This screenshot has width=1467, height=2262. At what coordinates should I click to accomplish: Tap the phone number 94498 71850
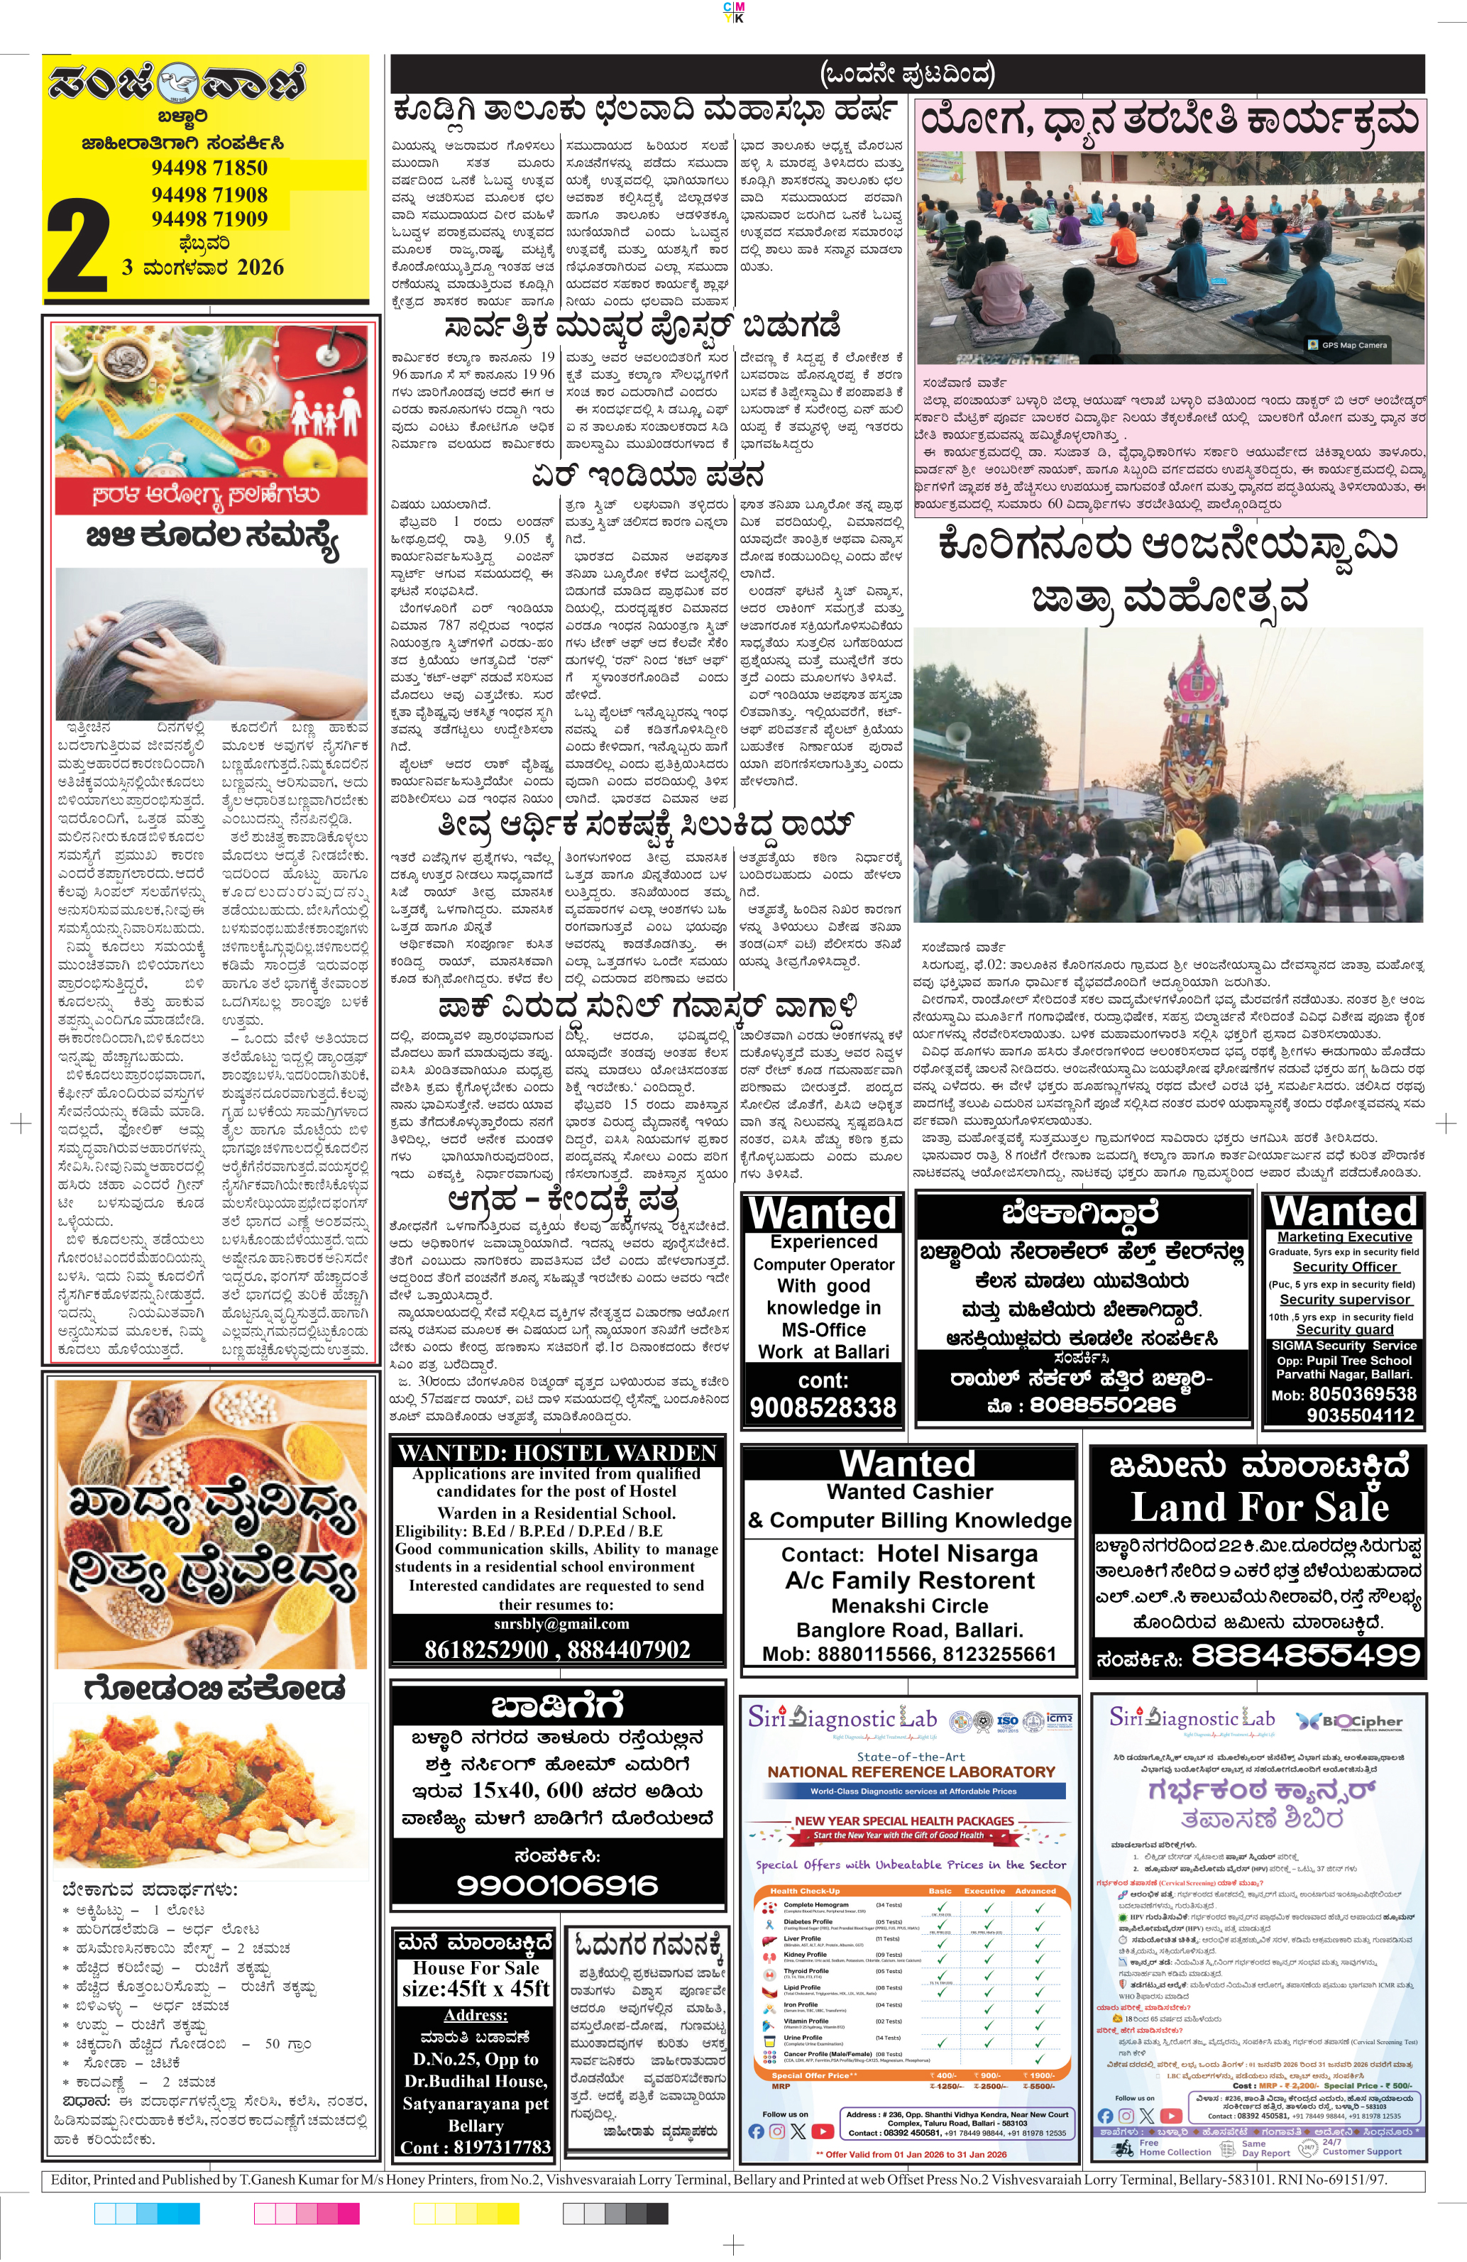click(209, 168)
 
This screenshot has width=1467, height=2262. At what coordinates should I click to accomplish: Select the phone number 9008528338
click(823, 1407)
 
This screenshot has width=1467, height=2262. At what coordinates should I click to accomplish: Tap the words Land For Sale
click(1259, 1508)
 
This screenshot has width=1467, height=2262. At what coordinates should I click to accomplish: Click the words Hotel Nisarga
click(957, 1554)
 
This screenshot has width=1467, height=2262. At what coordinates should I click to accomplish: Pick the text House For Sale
click(476, 1968)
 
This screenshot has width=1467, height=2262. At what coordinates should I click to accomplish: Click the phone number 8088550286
click(1102, 1405)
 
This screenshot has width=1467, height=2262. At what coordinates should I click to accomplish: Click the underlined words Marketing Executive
click(1344, 1236)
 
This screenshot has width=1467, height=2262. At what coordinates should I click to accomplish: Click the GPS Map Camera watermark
click(1348, 345)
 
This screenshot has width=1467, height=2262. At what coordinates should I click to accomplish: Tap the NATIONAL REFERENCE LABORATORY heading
click(911, 1772)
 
